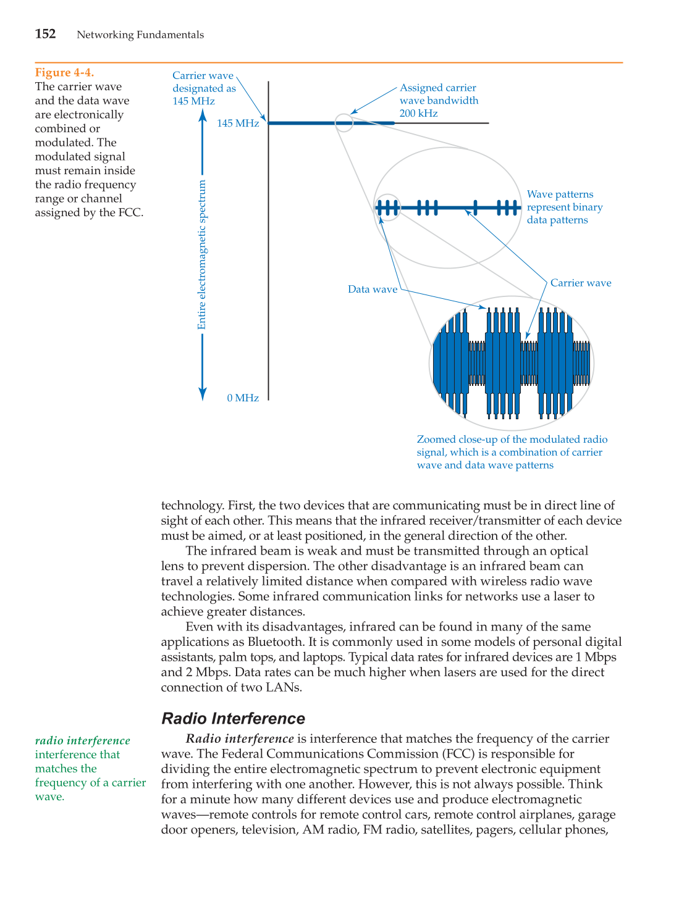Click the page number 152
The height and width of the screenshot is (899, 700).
click(x=45, y=34)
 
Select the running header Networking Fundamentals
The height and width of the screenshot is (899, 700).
click(x=140, y=35)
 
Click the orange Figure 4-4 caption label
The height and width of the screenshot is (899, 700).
click(x=64, y=73)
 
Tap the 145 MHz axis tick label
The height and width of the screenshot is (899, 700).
click(x=238, y=123)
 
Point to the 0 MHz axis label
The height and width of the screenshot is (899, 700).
click(x=243, y=398)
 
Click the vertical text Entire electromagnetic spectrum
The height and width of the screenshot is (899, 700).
click(x=202, y=255)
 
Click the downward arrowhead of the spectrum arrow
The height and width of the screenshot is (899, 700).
click(x=202, y=395)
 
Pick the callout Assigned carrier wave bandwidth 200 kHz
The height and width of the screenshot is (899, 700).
click(x=439, y=100)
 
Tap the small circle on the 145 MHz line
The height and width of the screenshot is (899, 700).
click(x=344, y=123)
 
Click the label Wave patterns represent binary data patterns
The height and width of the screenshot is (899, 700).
click(x=564, y=207)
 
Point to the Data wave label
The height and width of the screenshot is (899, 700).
click(x=373, y=289)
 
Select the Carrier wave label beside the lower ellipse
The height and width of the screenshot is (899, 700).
click(x=580, y=283)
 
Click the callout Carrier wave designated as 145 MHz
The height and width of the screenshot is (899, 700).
click(x=203, y=88)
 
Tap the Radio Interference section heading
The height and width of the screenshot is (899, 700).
click(x=233, y=718)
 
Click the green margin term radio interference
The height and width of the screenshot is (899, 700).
click(x=83, y=740)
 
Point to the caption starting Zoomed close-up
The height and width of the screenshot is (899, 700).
click(x=512, y=452)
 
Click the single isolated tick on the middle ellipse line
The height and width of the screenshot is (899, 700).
click(x=475, y=207)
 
